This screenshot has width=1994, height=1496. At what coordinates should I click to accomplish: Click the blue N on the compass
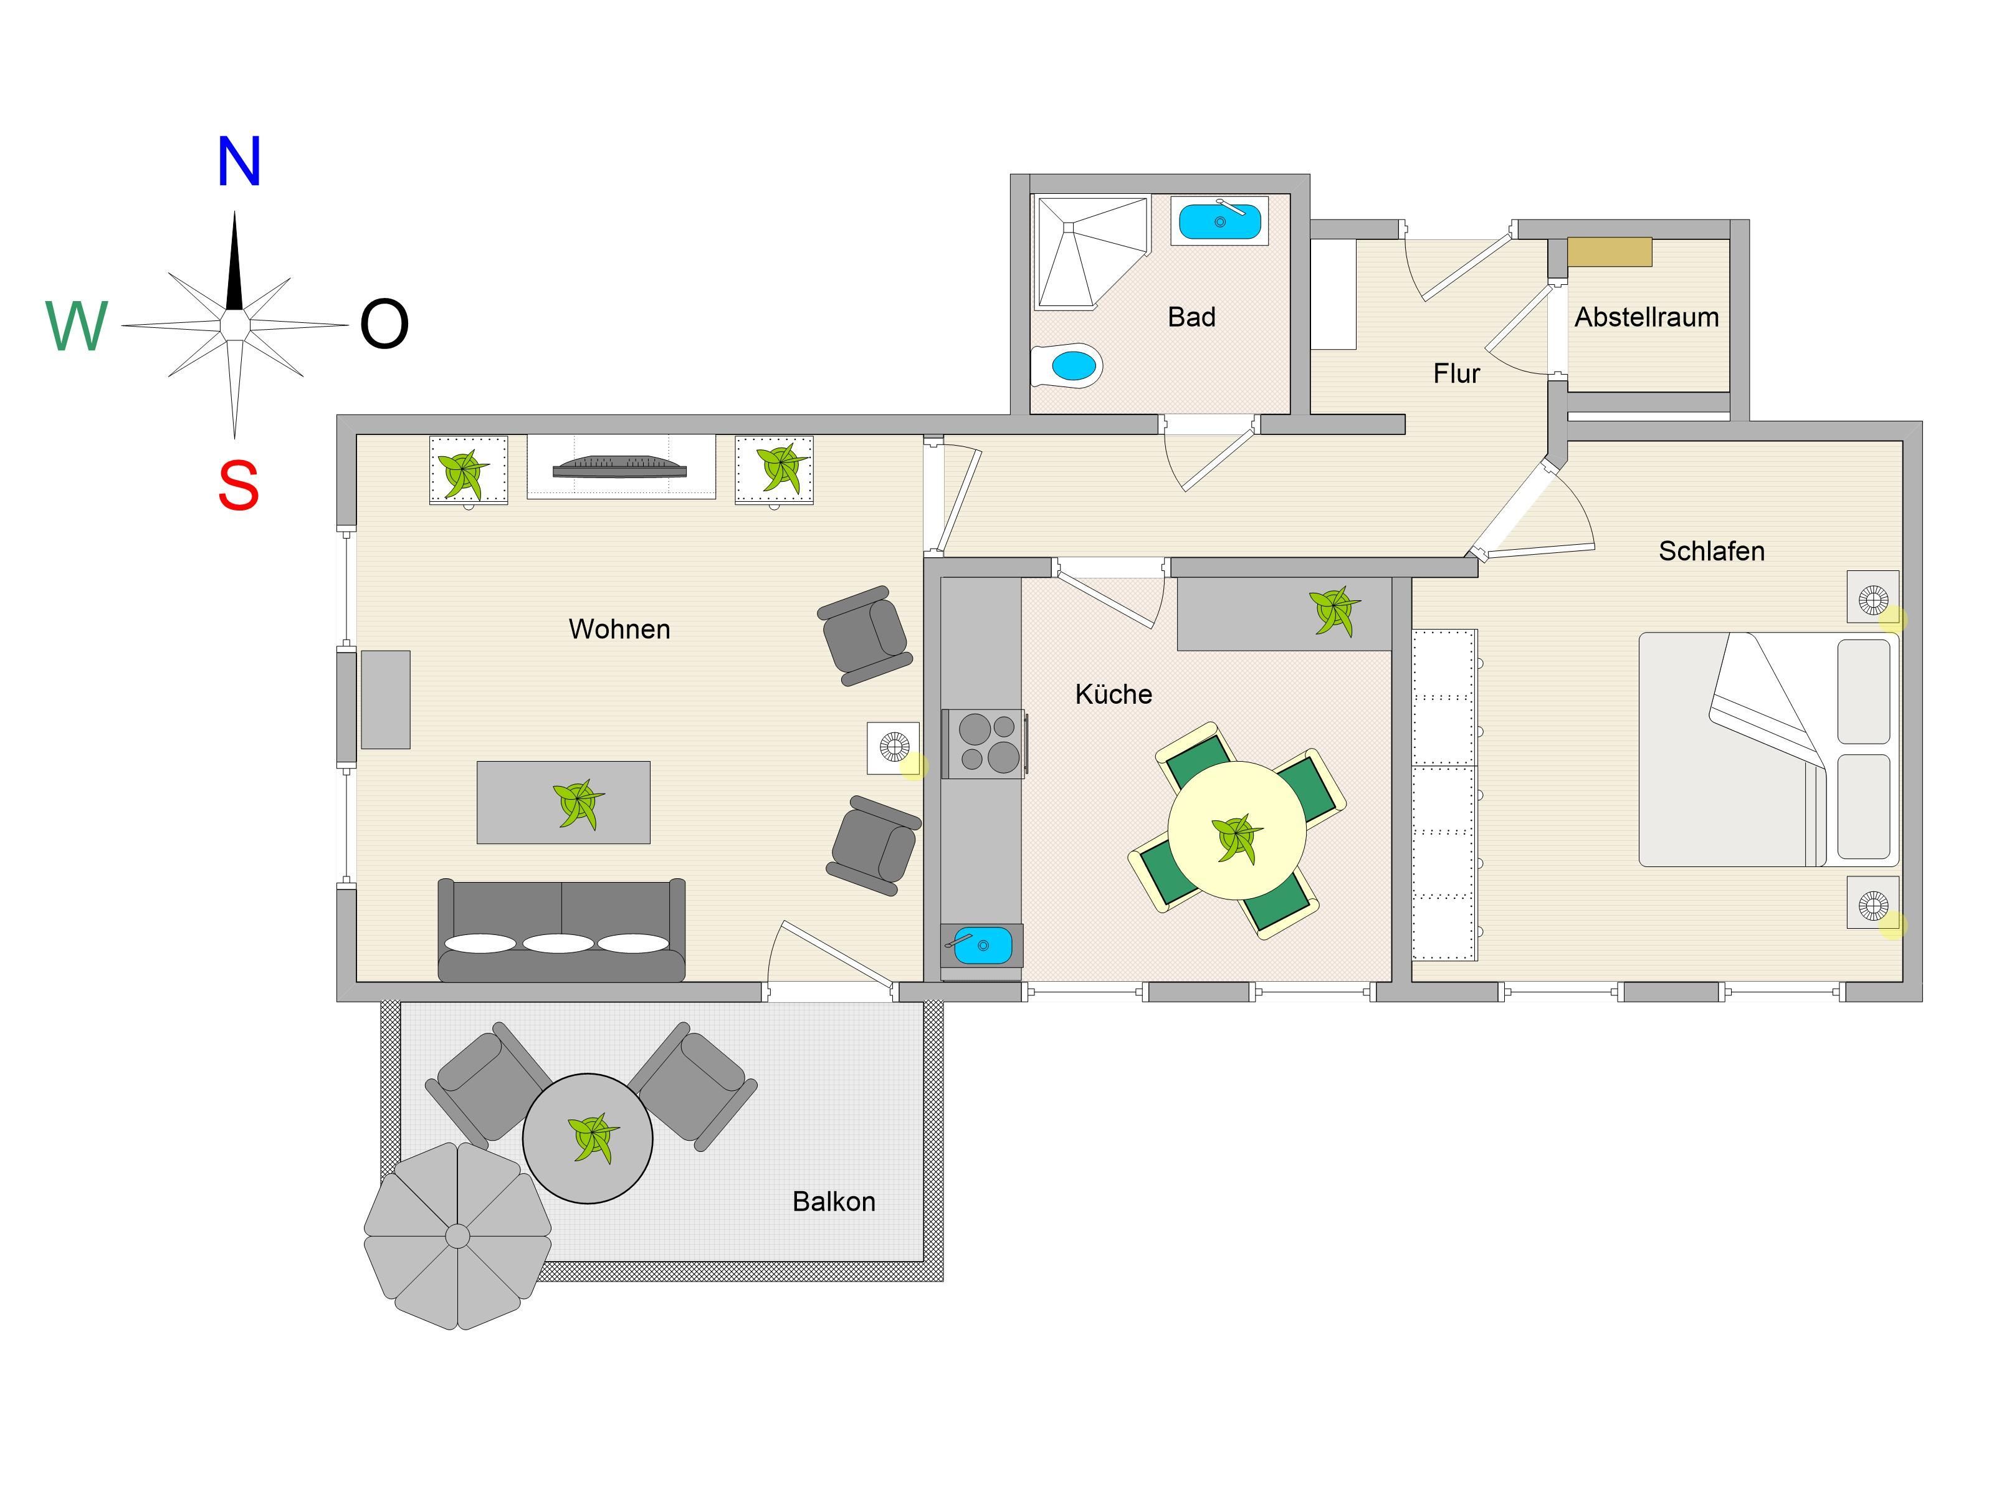(x=239, y=161)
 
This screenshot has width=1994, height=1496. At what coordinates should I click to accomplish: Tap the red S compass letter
(x=238, y=485)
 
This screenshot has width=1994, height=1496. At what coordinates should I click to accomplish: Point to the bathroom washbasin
(x=1219, y=220)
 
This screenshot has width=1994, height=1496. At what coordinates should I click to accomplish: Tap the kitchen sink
(x=981, y=945)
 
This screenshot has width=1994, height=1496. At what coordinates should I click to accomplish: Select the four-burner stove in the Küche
(x=983, y=744)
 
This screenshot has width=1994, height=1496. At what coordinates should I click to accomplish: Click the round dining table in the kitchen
(x=1237, y=830)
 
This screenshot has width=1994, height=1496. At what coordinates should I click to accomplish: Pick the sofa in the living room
(x=561, y=931)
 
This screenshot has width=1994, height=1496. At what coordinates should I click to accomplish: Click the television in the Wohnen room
(x=620, y=466)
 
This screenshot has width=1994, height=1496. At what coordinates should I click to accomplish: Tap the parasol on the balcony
(x=457, y=1235)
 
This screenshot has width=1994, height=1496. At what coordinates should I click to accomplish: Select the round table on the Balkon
(x=588, y=1138)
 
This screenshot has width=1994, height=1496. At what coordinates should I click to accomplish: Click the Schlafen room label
(x=1711, y=551)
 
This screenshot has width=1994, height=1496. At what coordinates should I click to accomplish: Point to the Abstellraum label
(x=1646, y=317)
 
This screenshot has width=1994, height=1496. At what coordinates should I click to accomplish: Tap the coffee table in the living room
(x=563, y=803)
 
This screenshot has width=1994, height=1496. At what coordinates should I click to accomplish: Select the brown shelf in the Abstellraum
(x=1609, y=252)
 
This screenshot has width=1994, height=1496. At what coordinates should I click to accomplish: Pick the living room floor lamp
(x=894, y=747)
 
